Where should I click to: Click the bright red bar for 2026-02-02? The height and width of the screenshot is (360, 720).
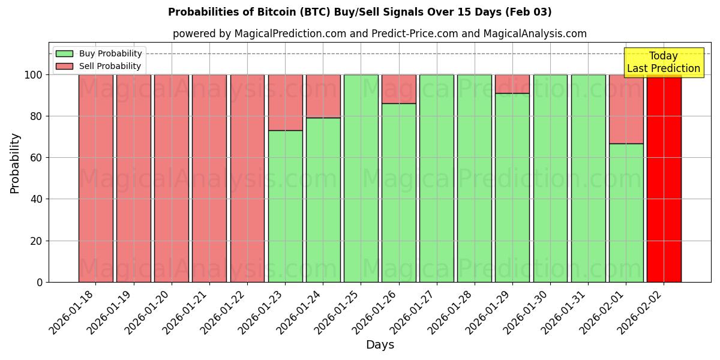point(664,178)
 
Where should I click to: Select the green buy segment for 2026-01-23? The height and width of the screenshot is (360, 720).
point(285,206)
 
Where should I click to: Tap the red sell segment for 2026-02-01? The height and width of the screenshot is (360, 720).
point(626,109)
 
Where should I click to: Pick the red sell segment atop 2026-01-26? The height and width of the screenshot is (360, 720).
point(398,89)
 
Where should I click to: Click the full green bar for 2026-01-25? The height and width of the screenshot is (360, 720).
point(361,178)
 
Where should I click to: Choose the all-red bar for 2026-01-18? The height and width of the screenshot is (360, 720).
point(95,178)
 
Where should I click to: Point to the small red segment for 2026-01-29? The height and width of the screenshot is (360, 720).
point(512,84)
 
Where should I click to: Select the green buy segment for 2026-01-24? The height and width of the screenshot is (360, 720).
point(323,200)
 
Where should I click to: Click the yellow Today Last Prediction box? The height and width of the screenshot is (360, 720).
point(663,62)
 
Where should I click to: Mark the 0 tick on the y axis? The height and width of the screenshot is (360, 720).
point(40,282)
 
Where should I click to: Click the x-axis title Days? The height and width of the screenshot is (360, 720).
point(380,345)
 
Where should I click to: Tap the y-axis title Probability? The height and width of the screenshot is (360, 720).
point(15,163)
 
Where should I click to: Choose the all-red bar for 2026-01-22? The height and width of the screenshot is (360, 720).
point(247,178)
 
